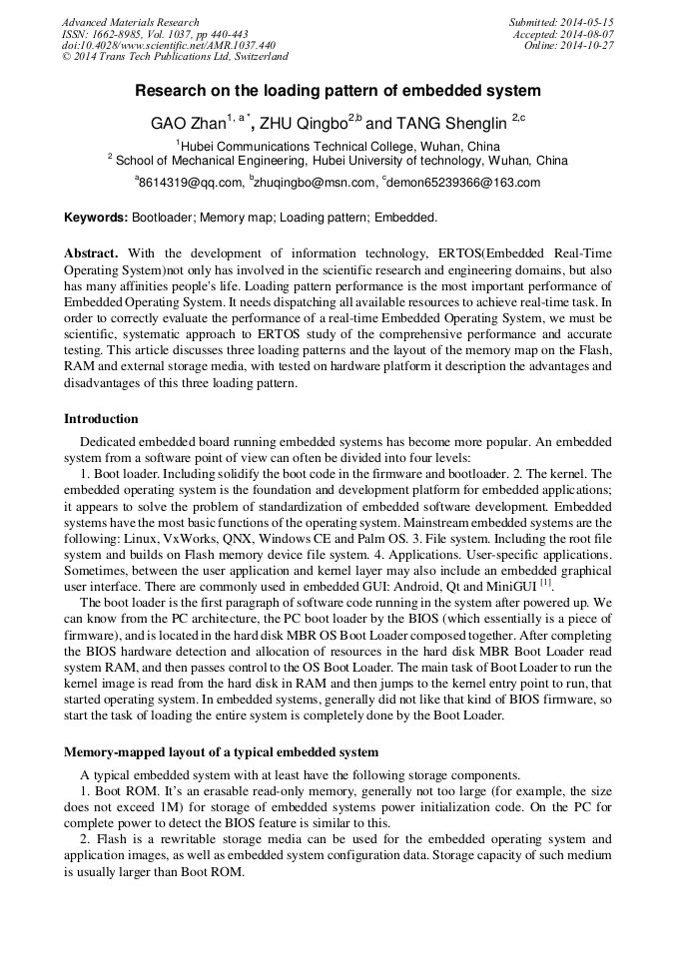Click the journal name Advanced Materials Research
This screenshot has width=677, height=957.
pyautogui.click(x=130, y=22)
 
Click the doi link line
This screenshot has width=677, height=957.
pyautogui.click(x=169, y=45)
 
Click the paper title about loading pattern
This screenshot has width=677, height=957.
pyautogui.click(x=338, y=91)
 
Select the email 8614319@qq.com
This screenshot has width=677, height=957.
pyautogui.click(x=190, y=183)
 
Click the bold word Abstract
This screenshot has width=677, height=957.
pyautogui.click(x=91, y=253)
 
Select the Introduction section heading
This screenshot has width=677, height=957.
pyautogui.click(x=101, y=418)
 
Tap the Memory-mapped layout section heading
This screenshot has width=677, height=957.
pyautogui.click(x=221, y=750)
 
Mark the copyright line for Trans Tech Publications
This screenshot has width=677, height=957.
pyautogui.click(x=175, y=57)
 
